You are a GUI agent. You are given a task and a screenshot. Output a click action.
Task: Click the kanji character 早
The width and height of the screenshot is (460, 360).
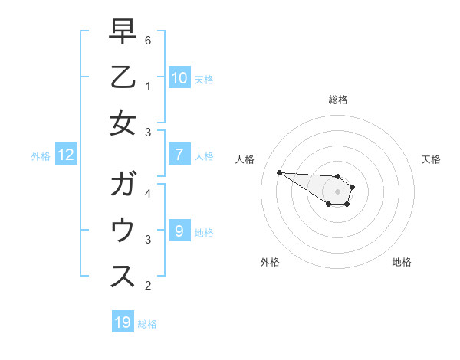pos(123,33)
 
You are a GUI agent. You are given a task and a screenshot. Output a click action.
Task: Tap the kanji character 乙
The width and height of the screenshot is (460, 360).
pos(123,78)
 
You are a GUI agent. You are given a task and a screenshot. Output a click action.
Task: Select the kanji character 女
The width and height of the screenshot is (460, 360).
pos(123,123)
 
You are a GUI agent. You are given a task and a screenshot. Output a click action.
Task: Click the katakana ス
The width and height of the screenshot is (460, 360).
pos(123,276)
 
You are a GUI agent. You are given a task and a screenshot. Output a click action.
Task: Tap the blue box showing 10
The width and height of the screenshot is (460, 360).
pos(179,77)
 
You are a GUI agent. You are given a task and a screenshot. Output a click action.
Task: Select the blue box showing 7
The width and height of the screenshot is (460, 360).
pos(179,155)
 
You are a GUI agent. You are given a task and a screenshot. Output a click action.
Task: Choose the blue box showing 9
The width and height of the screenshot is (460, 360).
pos(179,231)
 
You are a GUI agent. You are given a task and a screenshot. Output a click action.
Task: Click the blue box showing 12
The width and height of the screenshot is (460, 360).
pos(66,155)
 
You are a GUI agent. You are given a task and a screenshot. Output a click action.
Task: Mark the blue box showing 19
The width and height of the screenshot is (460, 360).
pos(123,322)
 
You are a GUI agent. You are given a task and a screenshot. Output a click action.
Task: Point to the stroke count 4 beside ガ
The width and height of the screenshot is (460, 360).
pos(148,193)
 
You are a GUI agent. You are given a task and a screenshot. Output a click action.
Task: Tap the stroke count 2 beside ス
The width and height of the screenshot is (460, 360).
pos(148,286)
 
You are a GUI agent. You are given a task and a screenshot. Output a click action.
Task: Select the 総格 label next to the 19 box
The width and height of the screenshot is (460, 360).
pos(147,324)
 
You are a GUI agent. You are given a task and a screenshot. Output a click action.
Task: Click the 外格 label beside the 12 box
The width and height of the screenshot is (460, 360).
pos(41,156)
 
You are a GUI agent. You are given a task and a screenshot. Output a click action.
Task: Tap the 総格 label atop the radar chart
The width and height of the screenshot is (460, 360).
pos(337,100)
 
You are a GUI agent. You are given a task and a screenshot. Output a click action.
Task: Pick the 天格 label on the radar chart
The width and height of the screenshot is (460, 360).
pos(431,159)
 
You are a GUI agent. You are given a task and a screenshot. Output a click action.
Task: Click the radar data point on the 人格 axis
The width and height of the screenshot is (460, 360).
pos(279,172)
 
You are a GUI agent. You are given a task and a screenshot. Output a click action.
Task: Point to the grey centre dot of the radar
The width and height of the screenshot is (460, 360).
pos(337,191)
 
